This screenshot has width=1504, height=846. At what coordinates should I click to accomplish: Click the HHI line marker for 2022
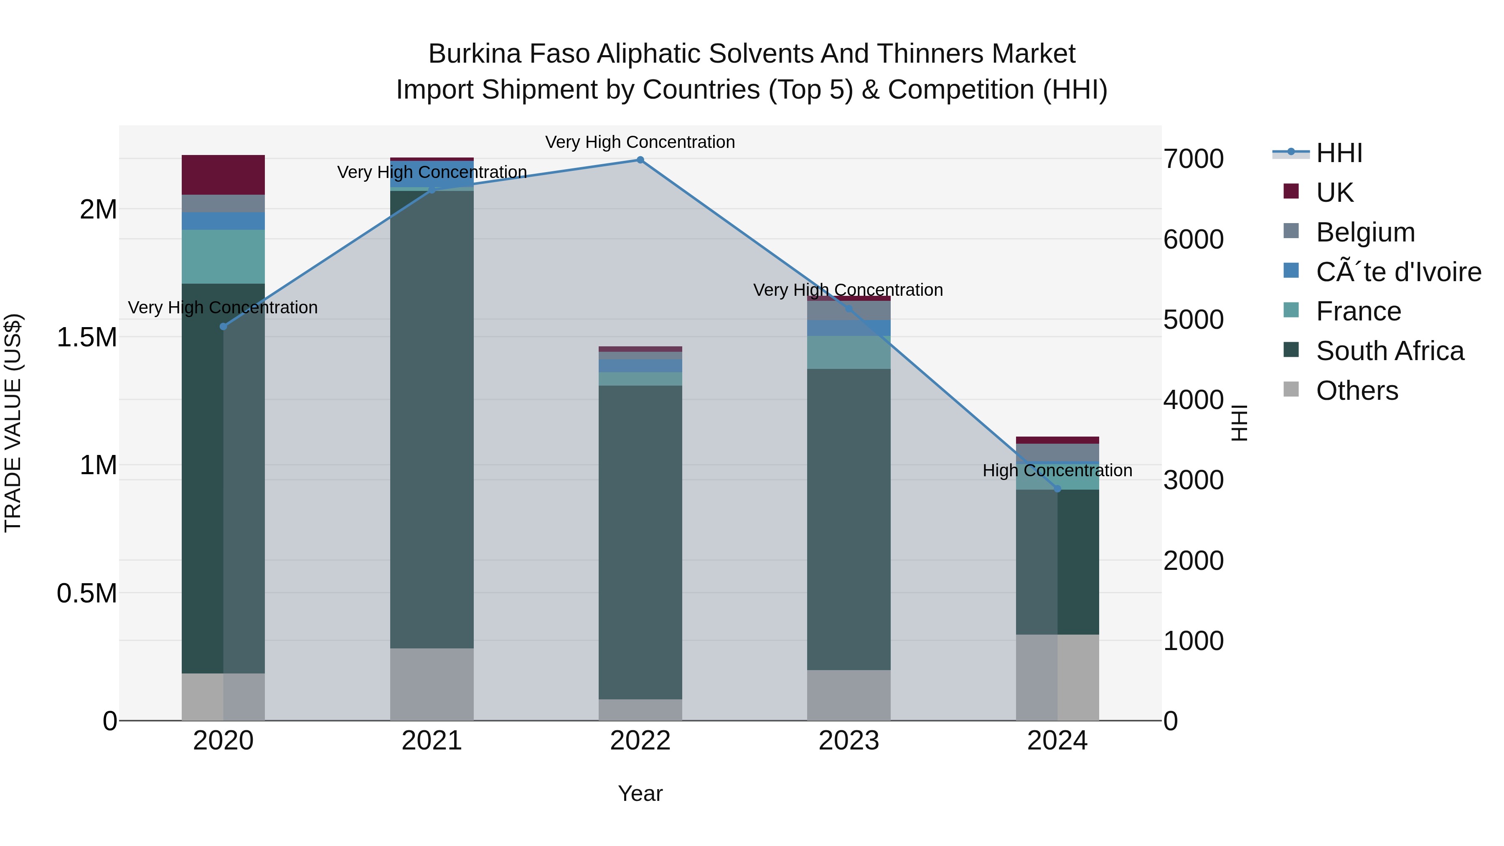(640, 160)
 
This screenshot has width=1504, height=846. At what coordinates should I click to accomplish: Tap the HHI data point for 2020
(223, 326)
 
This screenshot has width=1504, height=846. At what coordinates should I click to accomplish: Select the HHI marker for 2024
(1057, 489)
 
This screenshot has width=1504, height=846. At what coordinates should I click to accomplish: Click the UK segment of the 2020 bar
(223, 175)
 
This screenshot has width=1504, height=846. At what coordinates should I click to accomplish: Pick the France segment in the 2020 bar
(223, 257)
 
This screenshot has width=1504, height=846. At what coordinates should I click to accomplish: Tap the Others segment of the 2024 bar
(1057, 677)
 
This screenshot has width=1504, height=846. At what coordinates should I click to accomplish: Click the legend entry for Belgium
(1365, 232)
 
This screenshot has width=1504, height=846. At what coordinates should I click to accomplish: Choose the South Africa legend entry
(1390, 351)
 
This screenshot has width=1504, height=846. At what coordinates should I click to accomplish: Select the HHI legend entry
(1339, 153)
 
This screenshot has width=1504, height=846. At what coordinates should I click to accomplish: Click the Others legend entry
(1357, 391)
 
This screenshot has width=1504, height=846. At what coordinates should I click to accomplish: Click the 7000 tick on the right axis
(1194, 159)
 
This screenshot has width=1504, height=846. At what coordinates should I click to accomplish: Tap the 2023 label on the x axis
(849, 741)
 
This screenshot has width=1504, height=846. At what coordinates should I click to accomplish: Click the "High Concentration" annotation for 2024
(1057, 470)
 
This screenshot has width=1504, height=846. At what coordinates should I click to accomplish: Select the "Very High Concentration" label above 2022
(640, 142)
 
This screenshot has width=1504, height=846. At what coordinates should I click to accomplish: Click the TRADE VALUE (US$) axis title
(13, 423)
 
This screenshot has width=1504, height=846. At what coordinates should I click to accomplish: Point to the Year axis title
(640, 793)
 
